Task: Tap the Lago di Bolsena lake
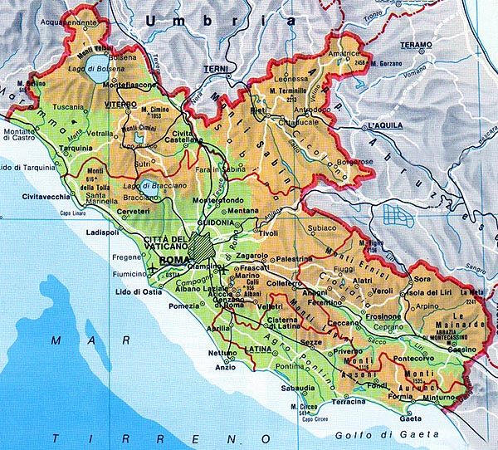[98, 71]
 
